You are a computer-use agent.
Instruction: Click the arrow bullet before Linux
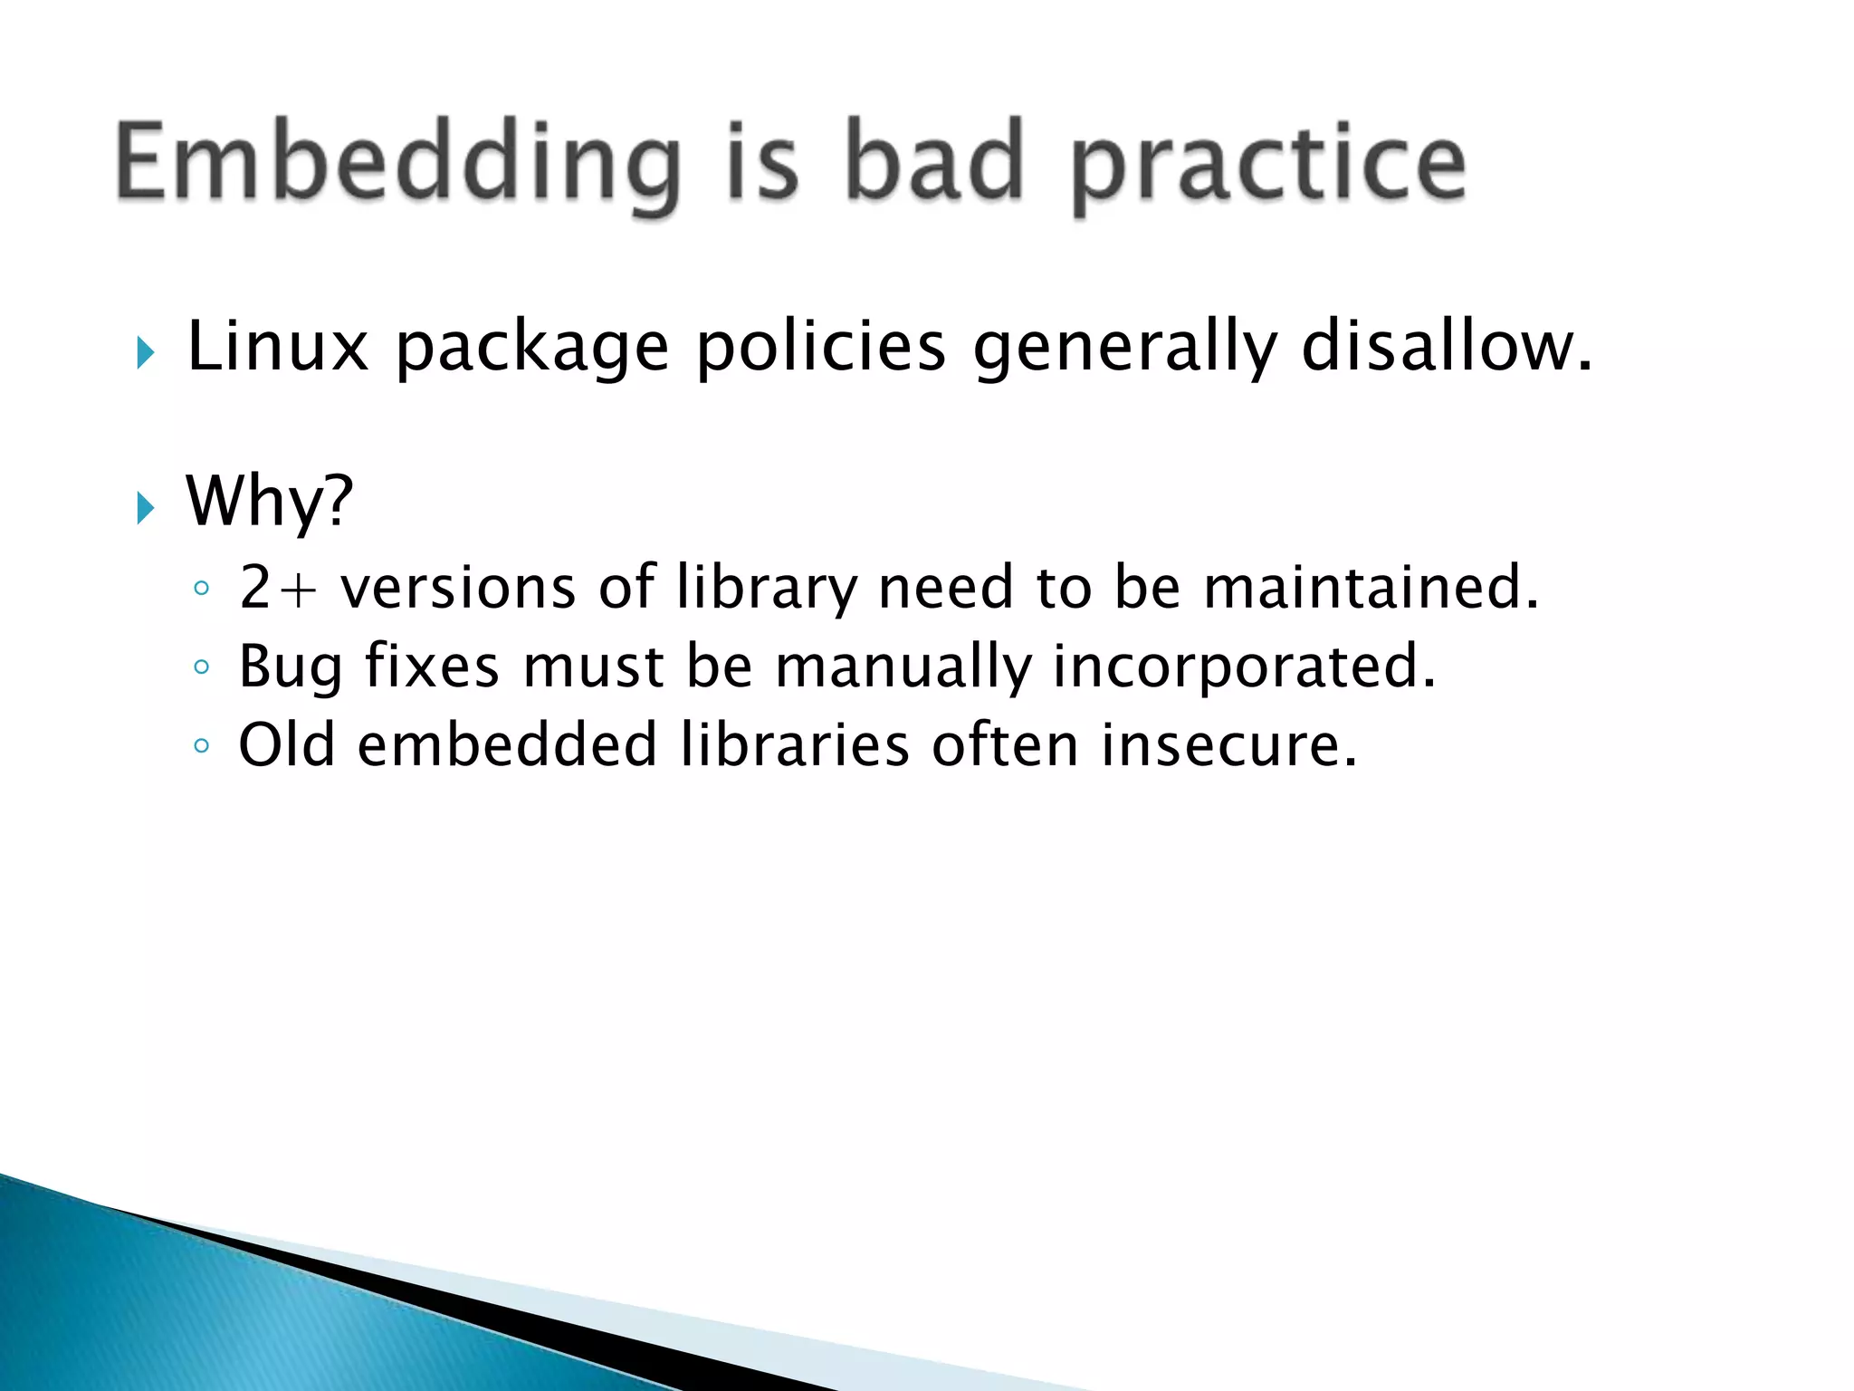coord(145,351)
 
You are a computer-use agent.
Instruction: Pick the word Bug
coord(290,667)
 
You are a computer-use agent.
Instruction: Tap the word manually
coord(903,667)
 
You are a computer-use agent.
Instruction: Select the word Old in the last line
coord(286,744)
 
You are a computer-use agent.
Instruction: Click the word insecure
coord(1229,744)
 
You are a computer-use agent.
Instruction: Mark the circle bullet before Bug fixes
coord(201,668)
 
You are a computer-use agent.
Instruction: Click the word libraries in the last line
coord(794,744)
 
